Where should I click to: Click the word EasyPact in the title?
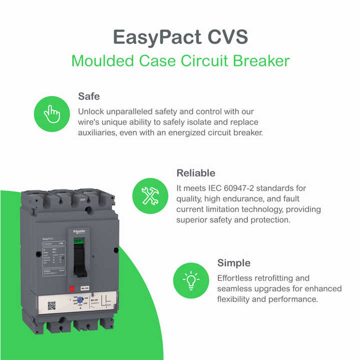point(152,36)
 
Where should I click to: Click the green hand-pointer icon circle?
point(51,113)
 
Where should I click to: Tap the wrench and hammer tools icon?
point(149,195)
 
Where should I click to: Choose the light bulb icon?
point(190,280)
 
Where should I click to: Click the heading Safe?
point(89,96)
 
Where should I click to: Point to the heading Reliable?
point(196,173)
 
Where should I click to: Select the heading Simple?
point(233,263)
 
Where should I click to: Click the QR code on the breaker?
point(51,305)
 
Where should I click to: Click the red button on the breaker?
point(71,288)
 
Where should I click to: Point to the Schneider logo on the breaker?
point(79,231)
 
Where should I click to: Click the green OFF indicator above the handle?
point(78,240)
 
